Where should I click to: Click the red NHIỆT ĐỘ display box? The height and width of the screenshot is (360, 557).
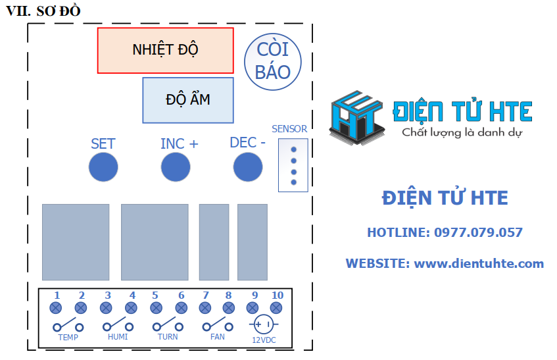(x=165, y=50)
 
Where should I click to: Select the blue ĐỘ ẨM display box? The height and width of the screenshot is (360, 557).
(x=188, y=100)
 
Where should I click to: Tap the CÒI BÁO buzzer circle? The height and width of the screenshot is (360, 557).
(x=273, y=61)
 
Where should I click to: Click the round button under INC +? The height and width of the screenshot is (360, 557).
(x=176, y=167)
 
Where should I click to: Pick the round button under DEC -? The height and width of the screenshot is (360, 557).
(x=248, y=167)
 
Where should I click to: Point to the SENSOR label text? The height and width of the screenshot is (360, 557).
(x=289, y=129)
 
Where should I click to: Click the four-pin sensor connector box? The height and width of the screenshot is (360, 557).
(x=293, y=165)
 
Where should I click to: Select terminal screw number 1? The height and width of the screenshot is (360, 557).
(x=57, y=307)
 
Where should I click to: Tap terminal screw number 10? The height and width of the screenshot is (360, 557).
(x=277, y=307)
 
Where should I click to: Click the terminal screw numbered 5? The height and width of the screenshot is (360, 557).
(x=156, y=307)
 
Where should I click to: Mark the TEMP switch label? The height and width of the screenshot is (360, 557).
(x=68, y=338)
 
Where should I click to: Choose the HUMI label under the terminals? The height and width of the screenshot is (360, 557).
(x=118, y=337)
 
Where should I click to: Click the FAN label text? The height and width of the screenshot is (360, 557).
(x=217, y=337)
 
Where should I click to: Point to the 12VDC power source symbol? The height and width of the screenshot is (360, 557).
(x=264, y=324)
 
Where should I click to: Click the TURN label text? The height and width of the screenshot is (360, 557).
(x=168, y=337)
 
